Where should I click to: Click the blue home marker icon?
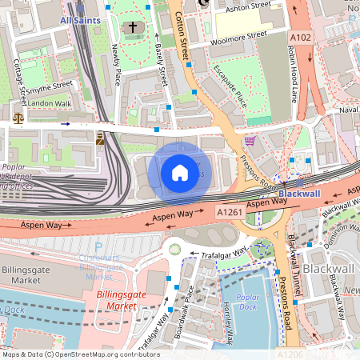[180, 172]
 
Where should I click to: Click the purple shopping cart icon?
[250, 141]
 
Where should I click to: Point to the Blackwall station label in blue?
[299, 194]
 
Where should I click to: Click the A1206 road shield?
[289, 354]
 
